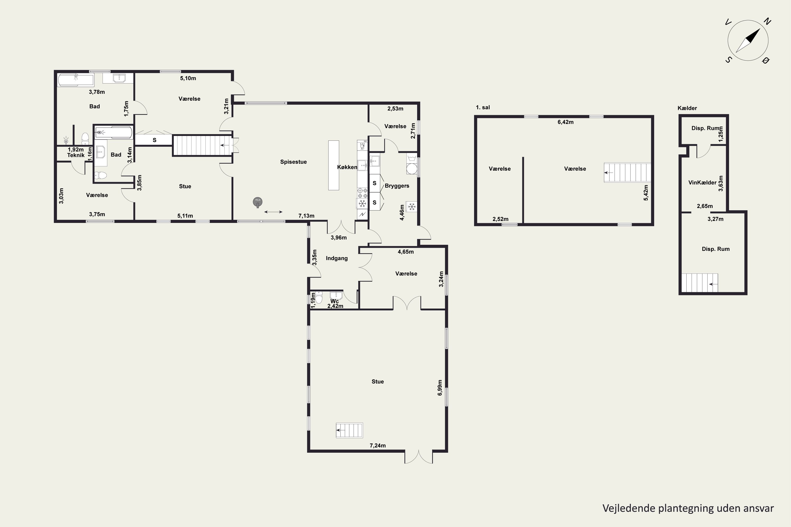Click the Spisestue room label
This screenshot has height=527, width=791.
293,162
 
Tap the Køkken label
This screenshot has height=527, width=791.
347,167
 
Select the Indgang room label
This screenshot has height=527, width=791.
337,258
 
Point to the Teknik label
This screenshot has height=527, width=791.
76,155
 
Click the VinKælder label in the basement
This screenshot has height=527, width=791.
702,183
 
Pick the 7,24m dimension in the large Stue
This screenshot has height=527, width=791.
378,445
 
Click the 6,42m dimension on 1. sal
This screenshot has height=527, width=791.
565,122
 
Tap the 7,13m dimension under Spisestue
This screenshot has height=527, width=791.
306,216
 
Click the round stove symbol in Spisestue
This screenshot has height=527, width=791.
258,202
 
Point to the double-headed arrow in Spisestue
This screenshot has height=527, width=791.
273,212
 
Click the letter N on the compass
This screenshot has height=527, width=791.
767,22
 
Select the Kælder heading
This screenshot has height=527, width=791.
687,108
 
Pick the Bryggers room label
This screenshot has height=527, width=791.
397,186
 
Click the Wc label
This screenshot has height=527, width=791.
334,301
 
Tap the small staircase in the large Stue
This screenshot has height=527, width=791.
349,430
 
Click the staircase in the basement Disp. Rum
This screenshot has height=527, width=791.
700,283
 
